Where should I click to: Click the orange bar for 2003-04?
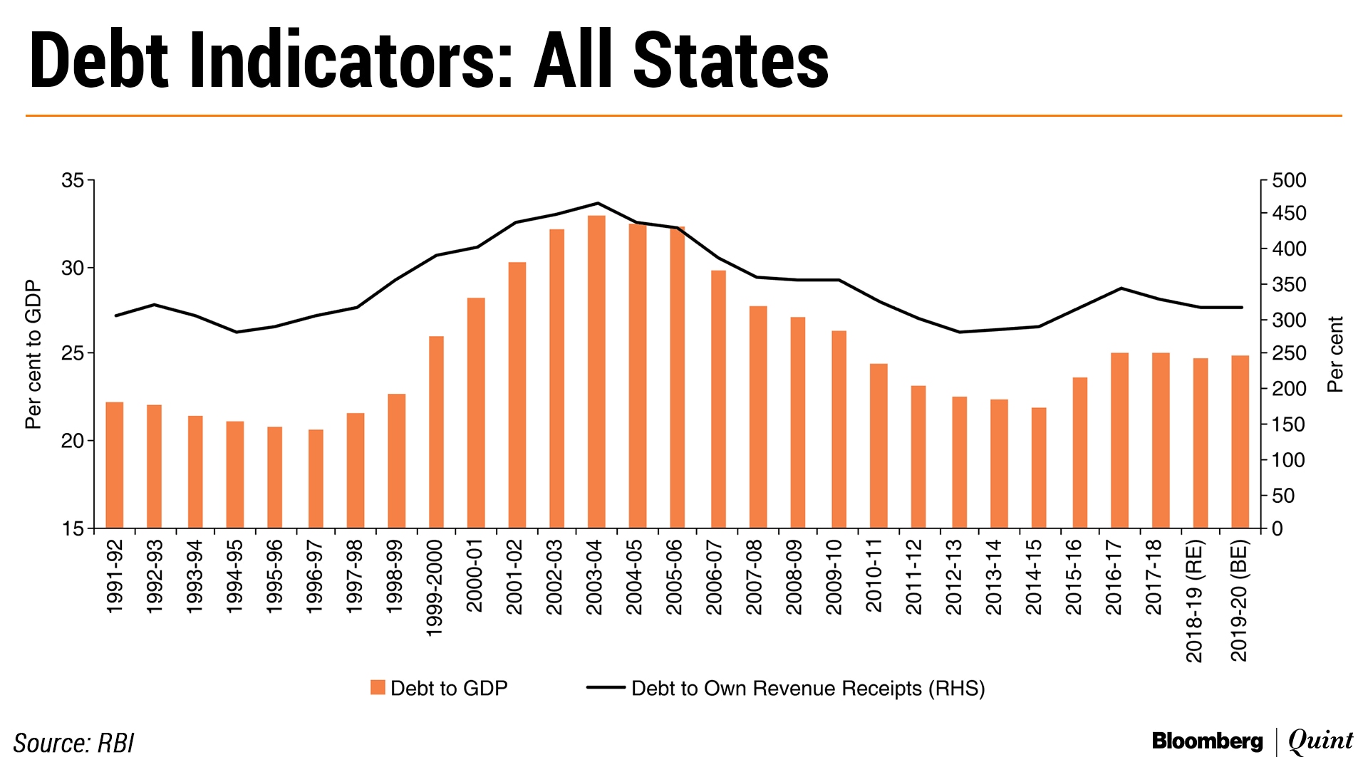click(x=596, y=371)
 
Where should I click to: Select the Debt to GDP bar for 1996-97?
click(x=316, y=478)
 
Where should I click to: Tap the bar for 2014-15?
click(x=1039, y=467)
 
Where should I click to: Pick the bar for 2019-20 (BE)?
click(x=1240, y=442)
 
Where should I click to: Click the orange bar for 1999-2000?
click(x=436, y=432)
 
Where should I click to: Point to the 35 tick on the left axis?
click(x=73, y=181)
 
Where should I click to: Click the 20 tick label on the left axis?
click(x=73, y=441)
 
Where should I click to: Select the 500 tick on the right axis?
click(x=1289, y=181)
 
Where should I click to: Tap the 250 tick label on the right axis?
click(x=1289, y=354)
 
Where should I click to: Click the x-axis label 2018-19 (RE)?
click(x=1195, y=601)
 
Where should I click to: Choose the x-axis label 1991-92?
click(x=115, y=576)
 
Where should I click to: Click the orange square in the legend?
click(x=378, y=687)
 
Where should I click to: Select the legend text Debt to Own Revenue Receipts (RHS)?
click(x=808, y=689)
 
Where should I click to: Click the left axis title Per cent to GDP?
click(x=33, y=355)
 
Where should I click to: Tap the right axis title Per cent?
click(x=1335, y=354)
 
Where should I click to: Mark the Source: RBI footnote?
click(x=73, y=743)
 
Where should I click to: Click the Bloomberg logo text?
click(x=1207, y=741)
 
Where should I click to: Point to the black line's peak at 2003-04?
click(x=597, y=203)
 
